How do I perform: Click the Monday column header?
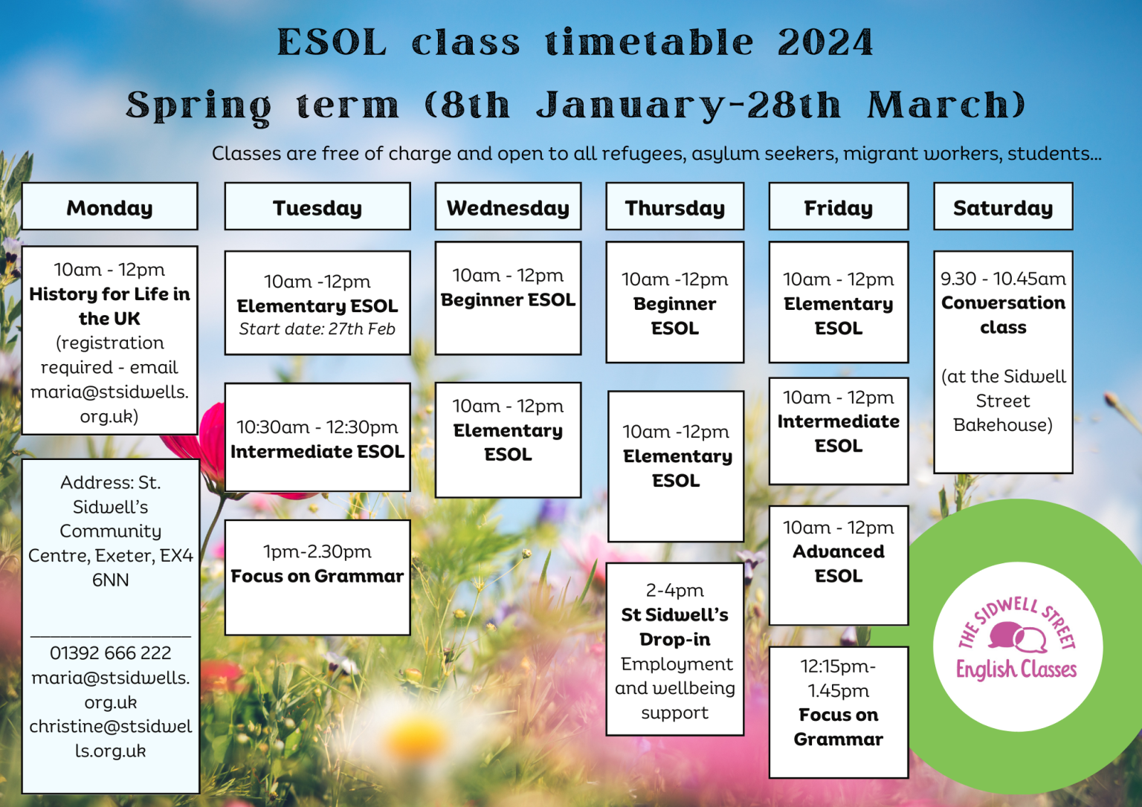point(109,207)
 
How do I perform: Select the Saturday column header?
point(1002,207)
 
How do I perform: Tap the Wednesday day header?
point(508,207)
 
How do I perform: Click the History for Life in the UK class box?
point(109,340)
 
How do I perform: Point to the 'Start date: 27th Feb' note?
point(317,329)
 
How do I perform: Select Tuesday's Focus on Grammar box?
point(317,577)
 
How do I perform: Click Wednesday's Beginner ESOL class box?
point(508,297)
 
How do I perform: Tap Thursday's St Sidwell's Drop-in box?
point(674,649)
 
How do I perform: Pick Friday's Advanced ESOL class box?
point(838,565)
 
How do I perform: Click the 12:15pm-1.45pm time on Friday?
point(838,678)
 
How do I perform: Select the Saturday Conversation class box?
point(1002,361)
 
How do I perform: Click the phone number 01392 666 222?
point(110,653)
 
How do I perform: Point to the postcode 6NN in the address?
point(110,580)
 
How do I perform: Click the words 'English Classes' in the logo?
point(1016,670)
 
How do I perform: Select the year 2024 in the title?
point(825,42)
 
